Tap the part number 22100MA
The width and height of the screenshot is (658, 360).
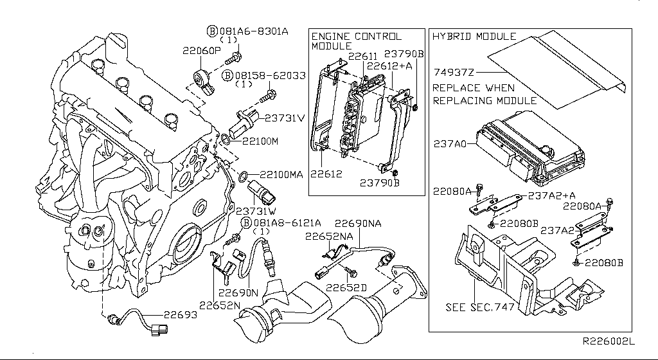281,174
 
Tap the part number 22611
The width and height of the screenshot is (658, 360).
362,57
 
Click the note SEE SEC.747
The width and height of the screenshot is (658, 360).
480,307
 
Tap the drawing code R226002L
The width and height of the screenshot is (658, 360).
609,344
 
